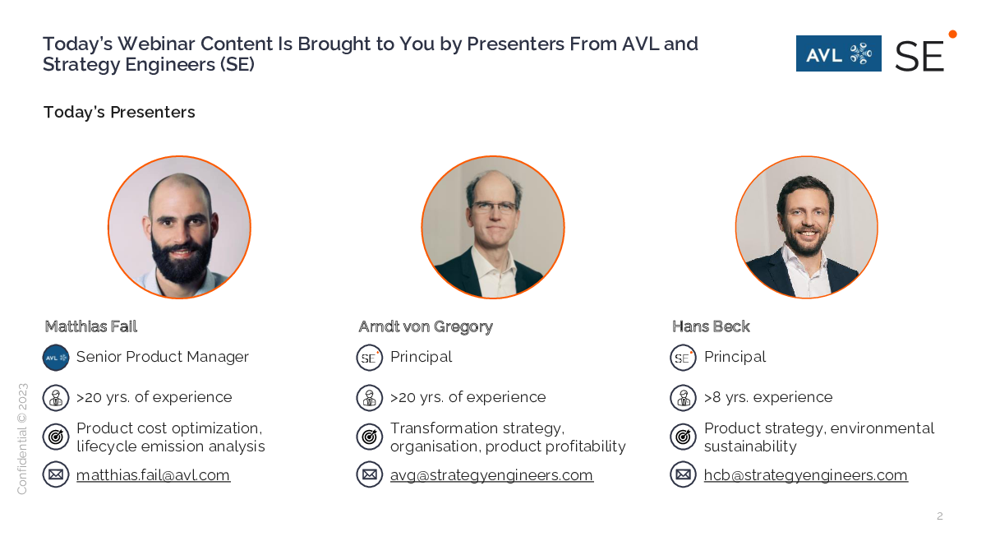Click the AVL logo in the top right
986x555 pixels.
point(839,53)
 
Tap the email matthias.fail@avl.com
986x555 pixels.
point(153,475)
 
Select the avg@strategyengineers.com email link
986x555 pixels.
point(491,475)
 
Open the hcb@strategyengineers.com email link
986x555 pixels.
point(805,475)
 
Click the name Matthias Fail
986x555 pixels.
point(91,326)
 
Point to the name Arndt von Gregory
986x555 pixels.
point(426,327)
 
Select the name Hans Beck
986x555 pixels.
point(711,326)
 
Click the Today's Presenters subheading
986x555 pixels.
point(119,113)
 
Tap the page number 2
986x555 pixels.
point(940,516)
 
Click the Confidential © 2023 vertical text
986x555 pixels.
point(22,439)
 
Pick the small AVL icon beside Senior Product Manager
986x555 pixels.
point(56,358)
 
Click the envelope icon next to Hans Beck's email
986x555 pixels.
point(683,474)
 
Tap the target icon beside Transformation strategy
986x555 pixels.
point(369,437)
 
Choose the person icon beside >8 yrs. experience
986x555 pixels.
point(683,398)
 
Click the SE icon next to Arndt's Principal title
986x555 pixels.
point(369,358)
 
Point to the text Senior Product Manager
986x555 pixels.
point(163,357)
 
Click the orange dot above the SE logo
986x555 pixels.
point(952,34)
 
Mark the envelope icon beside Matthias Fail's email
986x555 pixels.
point(56,474)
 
